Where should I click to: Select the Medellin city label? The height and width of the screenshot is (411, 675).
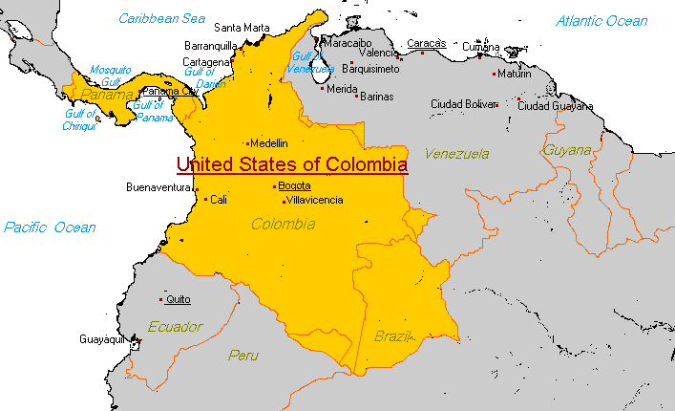tap(268, 143)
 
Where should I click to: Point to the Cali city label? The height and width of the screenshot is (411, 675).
tap(219, 200)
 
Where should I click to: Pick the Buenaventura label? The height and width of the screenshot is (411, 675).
tap(159, 187)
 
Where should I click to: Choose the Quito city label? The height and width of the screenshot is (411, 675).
tap(178, 299)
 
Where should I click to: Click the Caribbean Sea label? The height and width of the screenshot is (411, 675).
tap(162, 18)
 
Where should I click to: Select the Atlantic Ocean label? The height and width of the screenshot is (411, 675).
tap(602, 21)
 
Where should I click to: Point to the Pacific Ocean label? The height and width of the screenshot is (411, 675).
tap(50, 227)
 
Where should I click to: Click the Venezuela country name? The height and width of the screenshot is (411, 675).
tap(457, 153)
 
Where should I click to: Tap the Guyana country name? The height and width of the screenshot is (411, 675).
tap(567, 150)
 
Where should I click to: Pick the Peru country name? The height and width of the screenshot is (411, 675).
tap(243, 356)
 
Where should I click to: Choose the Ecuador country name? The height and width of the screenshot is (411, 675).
tap(175, 327)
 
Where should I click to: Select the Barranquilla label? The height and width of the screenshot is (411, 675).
tap(210, 45)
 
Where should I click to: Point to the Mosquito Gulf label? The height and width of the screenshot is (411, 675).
tap(110, 76)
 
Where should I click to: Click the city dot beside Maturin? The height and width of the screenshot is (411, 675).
tap(494, 74)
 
